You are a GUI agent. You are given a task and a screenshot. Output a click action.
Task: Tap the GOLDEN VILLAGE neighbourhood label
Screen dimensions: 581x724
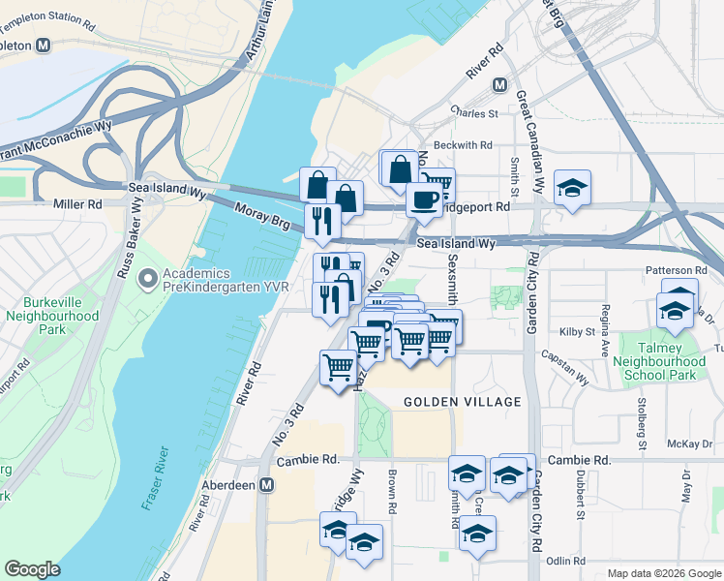[x=463, y=402]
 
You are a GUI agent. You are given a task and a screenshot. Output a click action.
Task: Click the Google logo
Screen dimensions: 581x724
[x=32, y=569]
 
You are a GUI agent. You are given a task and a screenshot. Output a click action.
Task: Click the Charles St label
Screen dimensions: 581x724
[x=479, y=113]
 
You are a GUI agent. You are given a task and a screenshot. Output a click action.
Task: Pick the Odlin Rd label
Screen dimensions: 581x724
[x=565, y=561]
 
